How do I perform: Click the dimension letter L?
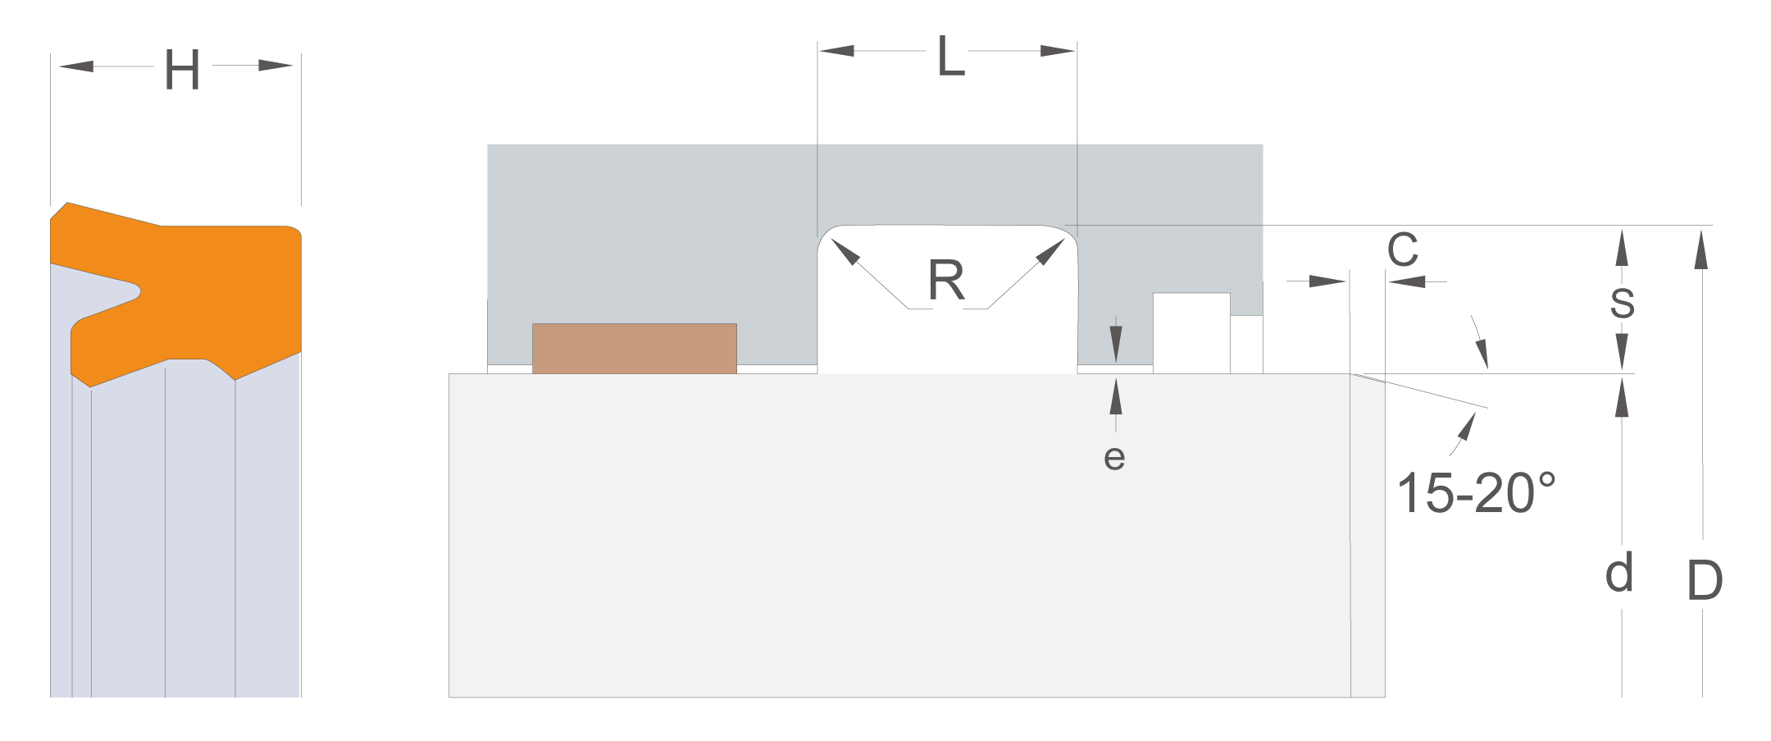tap(951, 56)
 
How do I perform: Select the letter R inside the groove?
tap(946, 280)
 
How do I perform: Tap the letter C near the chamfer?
tap(1403, 249)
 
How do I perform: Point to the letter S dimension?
tap(1622, 303)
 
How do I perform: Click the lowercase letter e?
tap(1114, 458)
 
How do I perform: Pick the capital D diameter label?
tap(1705, 580)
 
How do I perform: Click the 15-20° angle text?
tap(1476, 493)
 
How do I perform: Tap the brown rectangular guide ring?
tap(635, 349)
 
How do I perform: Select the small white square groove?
tap(1191, 333)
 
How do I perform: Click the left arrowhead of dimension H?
tap(76, 66)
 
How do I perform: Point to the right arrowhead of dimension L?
tap(1058, 51)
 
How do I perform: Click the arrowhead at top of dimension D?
tap(1702, 249)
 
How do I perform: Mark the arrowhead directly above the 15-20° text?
tap(1465, 426)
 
